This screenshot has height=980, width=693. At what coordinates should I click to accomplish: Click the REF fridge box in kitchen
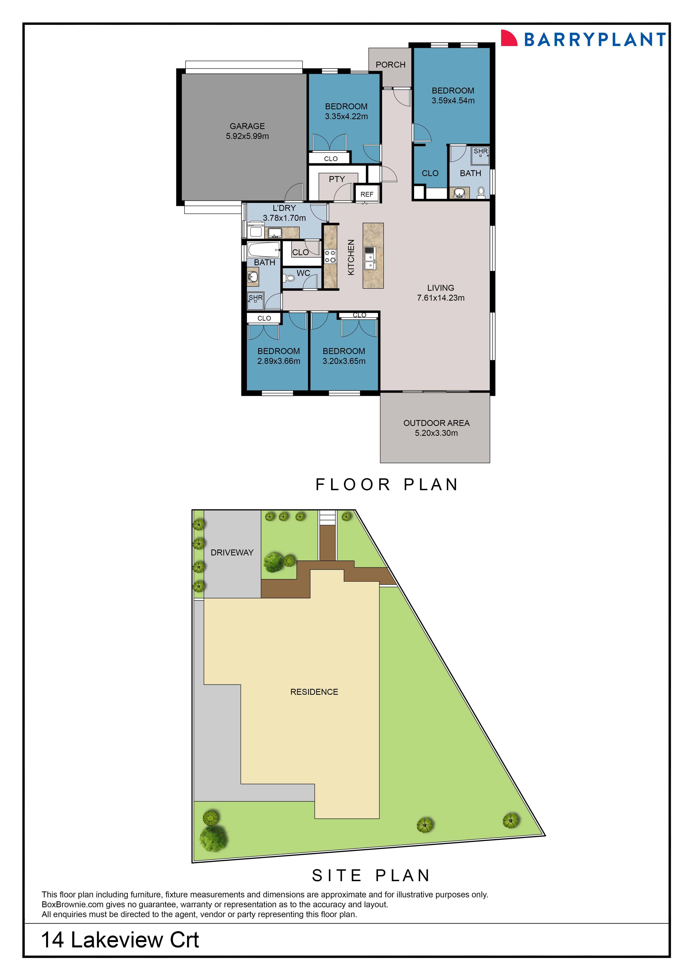[366, 194]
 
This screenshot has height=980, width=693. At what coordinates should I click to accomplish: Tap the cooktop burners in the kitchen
[330, 257]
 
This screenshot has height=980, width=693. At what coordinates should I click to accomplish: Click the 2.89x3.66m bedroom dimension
[279, 361]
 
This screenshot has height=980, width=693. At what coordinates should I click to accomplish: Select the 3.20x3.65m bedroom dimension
[344, 361]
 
